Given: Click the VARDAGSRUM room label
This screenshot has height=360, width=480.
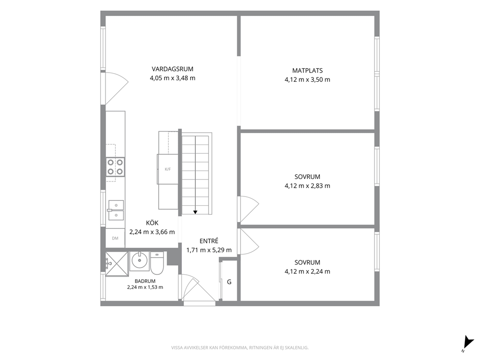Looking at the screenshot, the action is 172,69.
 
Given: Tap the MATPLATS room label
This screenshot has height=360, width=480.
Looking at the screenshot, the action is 307,71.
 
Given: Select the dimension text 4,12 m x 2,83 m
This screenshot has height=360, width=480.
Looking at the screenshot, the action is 307,186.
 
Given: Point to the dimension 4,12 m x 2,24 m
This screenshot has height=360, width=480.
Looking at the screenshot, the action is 307,271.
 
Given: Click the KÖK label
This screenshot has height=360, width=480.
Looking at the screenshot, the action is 152,223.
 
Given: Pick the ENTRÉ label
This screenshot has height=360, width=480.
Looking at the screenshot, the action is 209,241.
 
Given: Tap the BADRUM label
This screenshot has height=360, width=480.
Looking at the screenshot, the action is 145,281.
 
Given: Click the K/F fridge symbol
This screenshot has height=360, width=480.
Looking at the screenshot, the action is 168,169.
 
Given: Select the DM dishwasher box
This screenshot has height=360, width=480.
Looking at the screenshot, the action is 115,238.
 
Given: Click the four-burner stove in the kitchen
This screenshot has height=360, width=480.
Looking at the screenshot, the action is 116,167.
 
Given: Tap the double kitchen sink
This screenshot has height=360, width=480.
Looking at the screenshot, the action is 116,210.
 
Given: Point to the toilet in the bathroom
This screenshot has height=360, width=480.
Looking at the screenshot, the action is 157,263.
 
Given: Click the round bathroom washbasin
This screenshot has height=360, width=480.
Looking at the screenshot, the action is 139,261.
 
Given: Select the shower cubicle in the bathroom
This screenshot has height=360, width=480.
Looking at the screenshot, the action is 116,264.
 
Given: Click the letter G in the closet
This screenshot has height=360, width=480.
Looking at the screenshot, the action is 229,282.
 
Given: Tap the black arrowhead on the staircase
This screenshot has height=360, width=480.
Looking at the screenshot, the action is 195,212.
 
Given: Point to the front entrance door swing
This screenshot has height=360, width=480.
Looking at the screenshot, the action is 198,288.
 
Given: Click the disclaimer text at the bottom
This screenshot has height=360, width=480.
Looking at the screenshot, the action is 240,348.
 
